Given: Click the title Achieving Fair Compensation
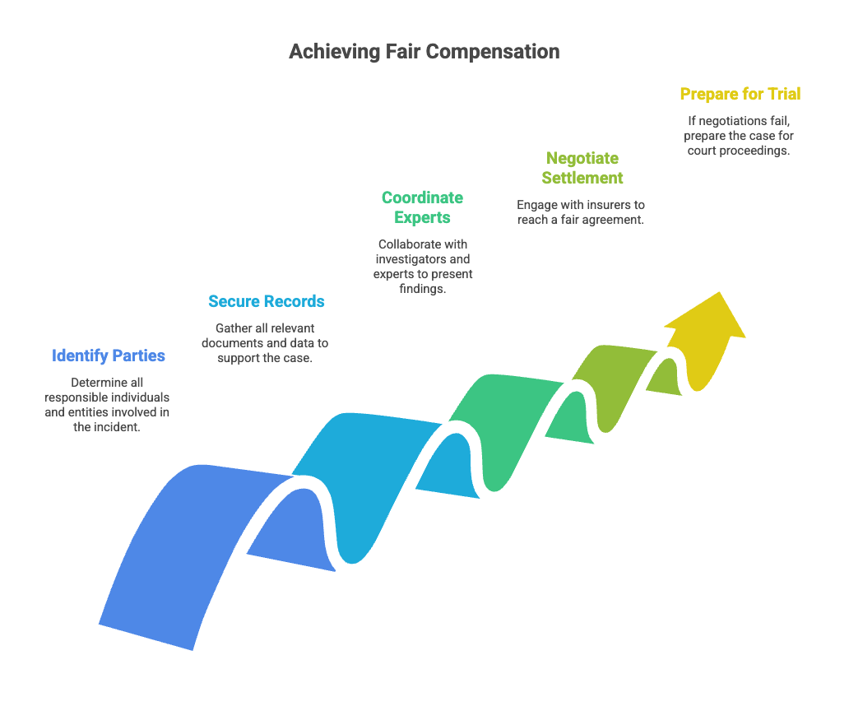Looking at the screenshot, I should (424, 52).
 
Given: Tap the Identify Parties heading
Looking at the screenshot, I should (109, 356).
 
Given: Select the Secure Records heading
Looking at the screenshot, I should (266, 302).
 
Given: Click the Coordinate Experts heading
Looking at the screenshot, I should (422, 207).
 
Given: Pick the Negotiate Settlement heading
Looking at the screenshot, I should (582, 168).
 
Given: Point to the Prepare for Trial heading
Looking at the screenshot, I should (740, 95).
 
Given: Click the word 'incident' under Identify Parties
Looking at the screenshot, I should (119, 427).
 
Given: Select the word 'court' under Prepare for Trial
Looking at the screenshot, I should (703, 151).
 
